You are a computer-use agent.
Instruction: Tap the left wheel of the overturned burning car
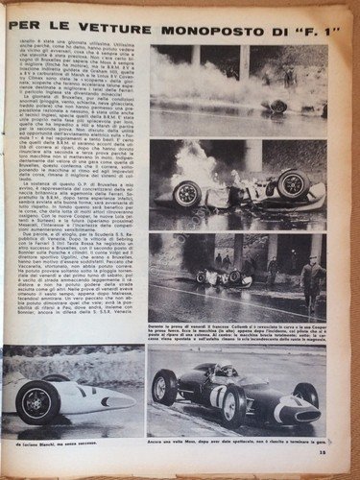pos(186,195)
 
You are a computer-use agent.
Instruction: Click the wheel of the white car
pos(39,401)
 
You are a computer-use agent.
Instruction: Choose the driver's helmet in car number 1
pos(223,370)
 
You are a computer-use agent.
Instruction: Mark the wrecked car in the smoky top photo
pos(277,104)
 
